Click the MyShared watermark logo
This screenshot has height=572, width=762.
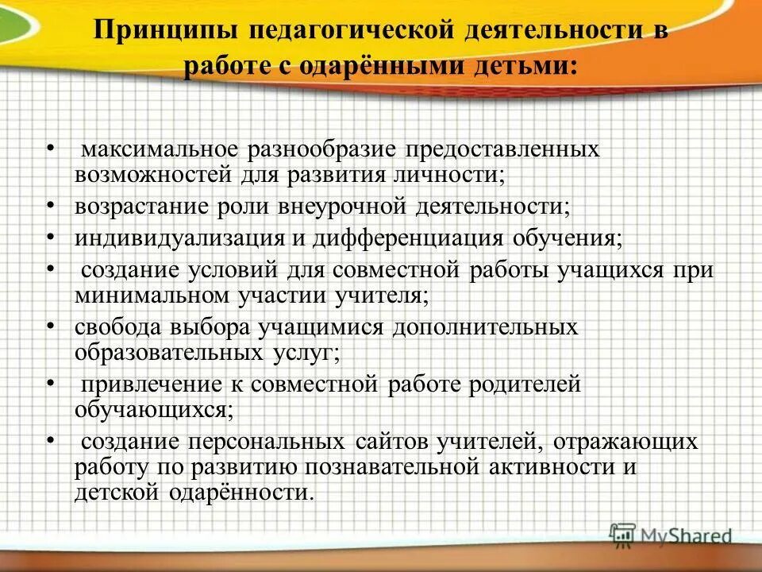(x=671, y=534)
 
